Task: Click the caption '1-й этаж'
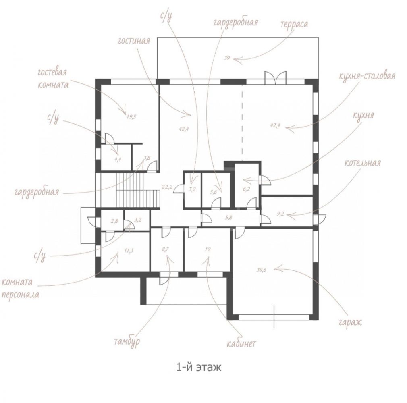click(199, 368)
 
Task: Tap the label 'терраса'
click(294, 24)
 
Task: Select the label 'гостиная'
click(134, 41)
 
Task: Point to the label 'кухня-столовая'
click(367, 76)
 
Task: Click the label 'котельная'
click(363, 163)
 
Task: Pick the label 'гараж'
click(350, 322)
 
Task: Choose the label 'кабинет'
click(241, 344)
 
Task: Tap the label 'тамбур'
click(127, 341)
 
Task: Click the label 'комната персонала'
click(21, 288)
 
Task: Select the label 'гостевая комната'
click(53, 79)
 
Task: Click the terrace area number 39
click(226, 58)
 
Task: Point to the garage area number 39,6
click(262, 270)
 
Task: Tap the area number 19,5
click(131, 117)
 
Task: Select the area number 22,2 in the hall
click(167, 187)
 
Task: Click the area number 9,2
click(281, 214)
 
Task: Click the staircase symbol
click(137, 190)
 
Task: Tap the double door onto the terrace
click(275, 77)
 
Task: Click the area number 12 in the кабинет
click(208, 249)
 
